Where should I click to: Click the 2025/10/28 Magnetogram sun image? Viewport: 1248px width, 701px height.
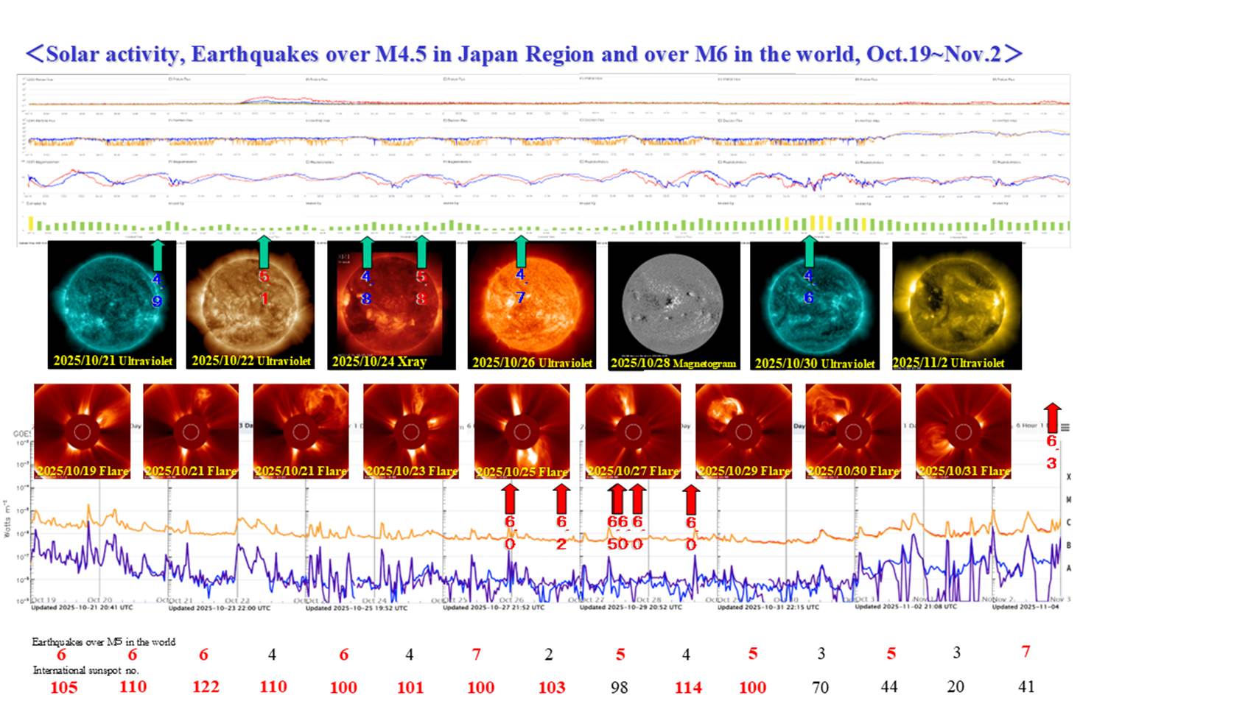(x=673, y=302)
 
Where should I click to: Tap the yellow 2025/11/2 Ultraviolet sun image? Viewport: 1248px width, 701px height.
(x=956, y=302)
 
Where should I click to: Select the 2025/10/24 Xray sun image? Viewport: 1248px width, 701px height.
(x=390, y=302)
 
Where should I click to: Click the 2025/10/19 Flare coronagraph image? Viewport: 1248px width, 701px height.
(x=82, y=431)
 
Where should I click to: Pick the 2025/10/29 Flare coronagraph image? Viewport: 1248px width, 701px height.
(x=743, y=431)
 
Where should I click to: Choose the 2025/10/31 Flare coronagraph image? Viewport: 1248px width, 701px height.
(x=963, y=431)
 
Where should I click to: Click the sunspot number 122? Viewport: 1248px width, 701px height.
(x=206, y=686)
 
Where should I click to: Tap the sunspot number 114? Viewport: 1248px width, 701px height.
(x=688, y=687)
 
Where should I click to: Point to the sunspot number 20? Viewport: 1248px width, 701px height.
(x=956, y=686)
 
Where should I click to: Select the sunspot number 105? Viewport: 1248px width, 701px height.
(x=64, y=687)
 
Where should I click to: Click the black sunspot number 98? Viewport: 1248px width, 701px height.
(x=619, y=687)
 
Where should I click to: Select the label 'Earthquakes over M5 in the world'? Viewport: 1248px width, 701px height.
(x=103, y=641)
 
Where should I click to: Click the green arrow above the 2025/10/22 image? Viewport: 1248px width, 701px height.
(x=264, y=252)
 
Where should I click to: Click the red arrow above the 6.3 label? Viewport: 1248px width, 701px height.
(x=1052, y=417)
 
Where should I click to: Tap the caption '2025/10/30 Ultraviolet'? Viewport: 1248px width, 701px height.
(x=814, y=363)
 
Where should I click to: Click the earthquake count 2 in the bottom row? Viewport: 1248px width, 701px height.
(x=549, y=654)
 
